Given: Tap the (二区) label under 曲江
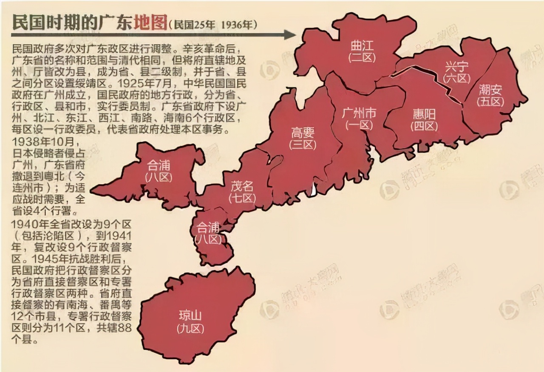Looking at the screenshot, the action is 363,57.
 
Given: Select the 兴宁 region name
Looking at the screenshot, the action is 457,67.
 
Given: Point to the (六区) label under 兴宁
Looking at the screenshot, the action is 457,78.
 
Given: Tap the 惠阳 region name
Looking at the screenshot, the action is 424,114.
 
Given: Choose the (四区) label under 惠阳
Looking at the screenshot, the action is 424,126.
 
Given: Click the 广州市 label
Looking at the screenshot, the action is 359,113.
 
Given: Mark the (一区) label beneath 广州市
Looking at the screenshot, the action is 359,125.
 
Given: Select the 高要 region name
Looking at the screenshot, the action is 303,132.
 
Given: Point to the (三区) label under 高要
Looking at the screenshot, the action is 303,144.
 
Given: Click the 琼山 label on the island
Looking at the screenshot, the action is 190,316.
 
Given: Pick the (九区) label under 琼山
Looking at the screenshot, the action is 190,328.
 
